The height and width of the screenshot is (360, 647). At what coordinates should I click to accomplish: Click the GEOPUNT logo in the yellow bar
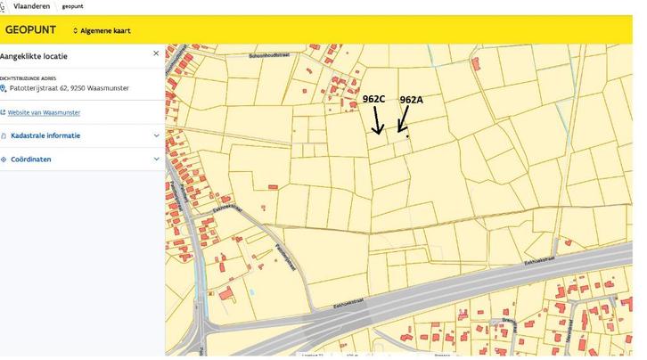pos(30,29)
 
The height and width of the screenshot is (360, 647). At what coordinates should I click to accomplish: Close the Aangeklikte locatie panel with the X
pos(156,53)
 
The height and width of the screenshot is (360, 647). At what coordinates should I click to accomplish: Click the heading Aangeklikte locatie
pos(34,55)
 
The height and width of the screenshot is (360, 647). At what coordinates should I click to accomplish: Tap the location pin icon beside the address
pos(4,88)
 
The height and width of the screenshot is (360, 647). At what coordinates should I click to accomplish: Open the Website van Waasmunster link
pos(45,112)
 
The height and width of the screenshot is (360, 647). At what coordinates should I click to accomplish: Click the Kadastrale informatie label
pos(45,135)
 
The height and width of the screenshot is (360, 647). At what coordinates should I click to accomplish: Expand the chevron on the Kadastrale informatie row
pos(156,135)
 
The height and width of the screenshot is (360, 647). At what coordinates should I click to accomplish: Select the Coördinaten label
pos(30,159)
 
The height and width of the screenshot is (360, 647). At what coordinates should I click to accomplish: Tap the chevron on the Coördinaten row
pos(156,159)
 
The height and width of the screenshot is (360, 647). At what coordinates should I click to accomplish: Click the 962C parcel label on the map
pos(373,99)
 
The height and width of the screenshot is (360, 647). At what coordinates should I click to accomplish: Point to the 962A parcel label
pos(411,100)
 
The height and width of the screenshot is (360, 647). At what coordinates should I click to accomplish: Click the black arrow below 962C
pos(377,120)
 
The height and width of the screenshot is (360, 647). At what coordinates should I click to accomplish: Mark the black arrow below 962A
pos(403,119)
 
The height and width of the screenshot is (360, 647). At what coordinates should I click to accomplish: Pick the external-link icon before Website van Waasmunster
pos(4,112)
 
